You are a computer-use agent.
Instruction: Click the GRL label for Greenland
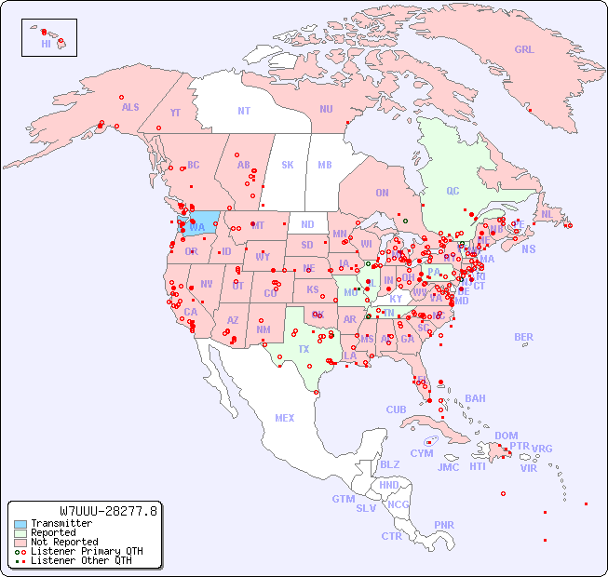524,50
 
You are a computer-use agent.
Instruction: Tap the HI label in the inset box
46,44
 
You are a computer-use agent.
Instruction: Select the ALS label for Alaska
130,107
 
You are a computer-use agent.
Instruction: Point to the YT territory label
175,112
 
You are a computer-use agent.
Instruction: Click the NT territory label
244,111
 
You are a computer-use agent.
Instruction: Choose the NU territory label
326,109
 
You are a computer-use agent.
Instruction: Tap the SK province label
288,165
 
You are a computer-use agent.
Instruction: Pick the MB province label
325,165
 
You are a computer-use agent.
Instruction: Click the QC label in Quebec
453,191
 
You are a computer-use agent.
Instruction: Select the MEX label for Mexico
285,418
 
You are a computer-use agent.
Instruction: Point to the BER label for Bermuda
524,337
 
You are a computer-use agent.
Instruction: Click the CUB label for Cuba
397,409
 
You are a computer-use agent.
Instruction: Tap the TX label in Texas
304,349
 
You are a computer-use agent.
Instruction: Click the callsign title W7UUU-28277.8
109,511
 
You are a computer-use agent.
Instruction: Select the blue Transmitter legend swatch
20,524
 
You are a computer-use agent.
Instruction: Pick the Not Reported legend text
64,542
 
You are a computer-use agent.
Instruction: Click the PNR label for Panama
444,525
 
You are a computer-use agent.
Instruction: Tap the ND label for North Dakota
307,224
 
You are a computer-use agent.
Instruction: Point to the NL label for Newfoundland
547,213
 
